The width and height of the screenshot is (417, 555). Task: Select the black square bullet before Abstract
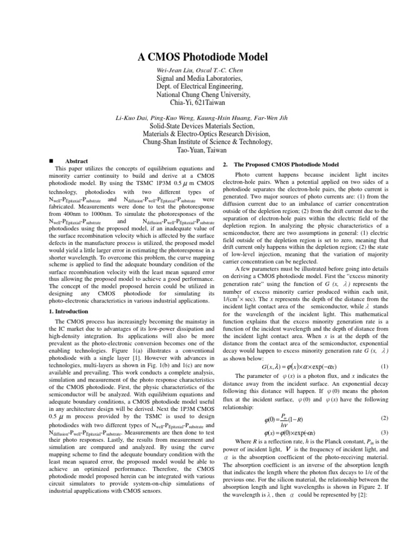pyautogui.click(x=50, y=162)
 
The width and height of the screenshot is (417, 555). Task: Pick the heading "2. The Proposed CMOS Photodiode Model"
pyautogui.click(x=286, y=164)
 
